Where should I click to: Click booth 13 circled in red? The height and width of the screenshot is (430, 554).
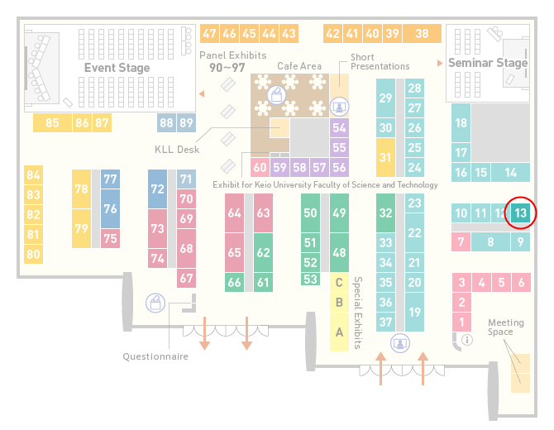pyautogui.click(x=520, y=213)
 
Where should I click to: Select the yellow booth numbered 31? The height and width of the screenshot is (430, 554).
pyautogui.click(x=385, y=157)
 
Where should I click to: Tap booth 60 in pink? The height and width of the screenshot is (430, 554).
pyautogui.click(x=260, y=167)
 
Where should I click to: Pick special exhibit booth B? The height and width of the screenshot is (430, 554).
pyautogui.click(x=339, y=303)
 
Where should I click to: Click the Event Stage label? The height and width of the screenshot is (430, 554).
pyautogui.click(x=117, y=68)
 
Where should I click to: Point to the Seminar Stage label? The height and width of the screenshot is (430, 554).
pyautogui.click(x=488, y=63)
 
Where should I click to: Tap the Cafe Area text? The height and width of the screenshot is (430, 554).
pyautogui.click(x=299, y=66)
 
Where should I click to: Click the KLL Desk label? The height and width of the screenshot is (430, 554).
pyautogui.click(x=177, y=150)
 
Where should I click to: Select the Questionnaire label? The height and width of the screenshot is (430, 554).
pyautogui.click(x=155, y=356)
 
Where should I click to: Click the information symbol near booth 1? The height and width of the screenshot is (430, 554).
pyautogui.click(x=467, y=340)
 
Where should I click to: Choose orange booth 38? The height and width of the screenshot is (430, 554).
pyautogui.click(x=423, y=34)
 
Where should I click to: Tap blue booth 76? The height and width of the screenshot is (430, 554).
pyautogui.click(x=110, y=208)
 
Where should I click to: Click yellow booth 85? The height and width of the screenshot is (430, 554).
pyautogui.click(x=52, y=122)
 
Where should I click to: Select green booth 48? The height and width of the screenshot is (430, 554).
pyautogui.click(x=339, y=252)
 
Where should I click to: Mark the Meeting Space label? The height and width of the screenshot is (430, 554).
pyautogui.click(x=506, y=327)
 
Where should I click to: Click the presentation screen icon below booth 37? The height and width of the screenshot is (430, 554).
pyautogui.click(x=400, y=343)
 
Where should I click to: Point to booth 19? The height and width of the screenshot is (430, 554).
pyautogui.click(x=414, y=312)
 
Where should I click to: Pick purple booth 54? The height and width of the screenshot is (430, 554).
pyautogui.click(x=339, y=127)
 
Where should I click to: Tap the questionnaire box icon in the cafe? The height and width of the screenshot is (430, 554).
pyautogui.click(x=277, y=95)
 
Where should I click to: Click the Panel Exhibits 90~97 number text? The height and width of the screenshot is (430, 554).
pyautogui.click(x=227, y=68)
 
